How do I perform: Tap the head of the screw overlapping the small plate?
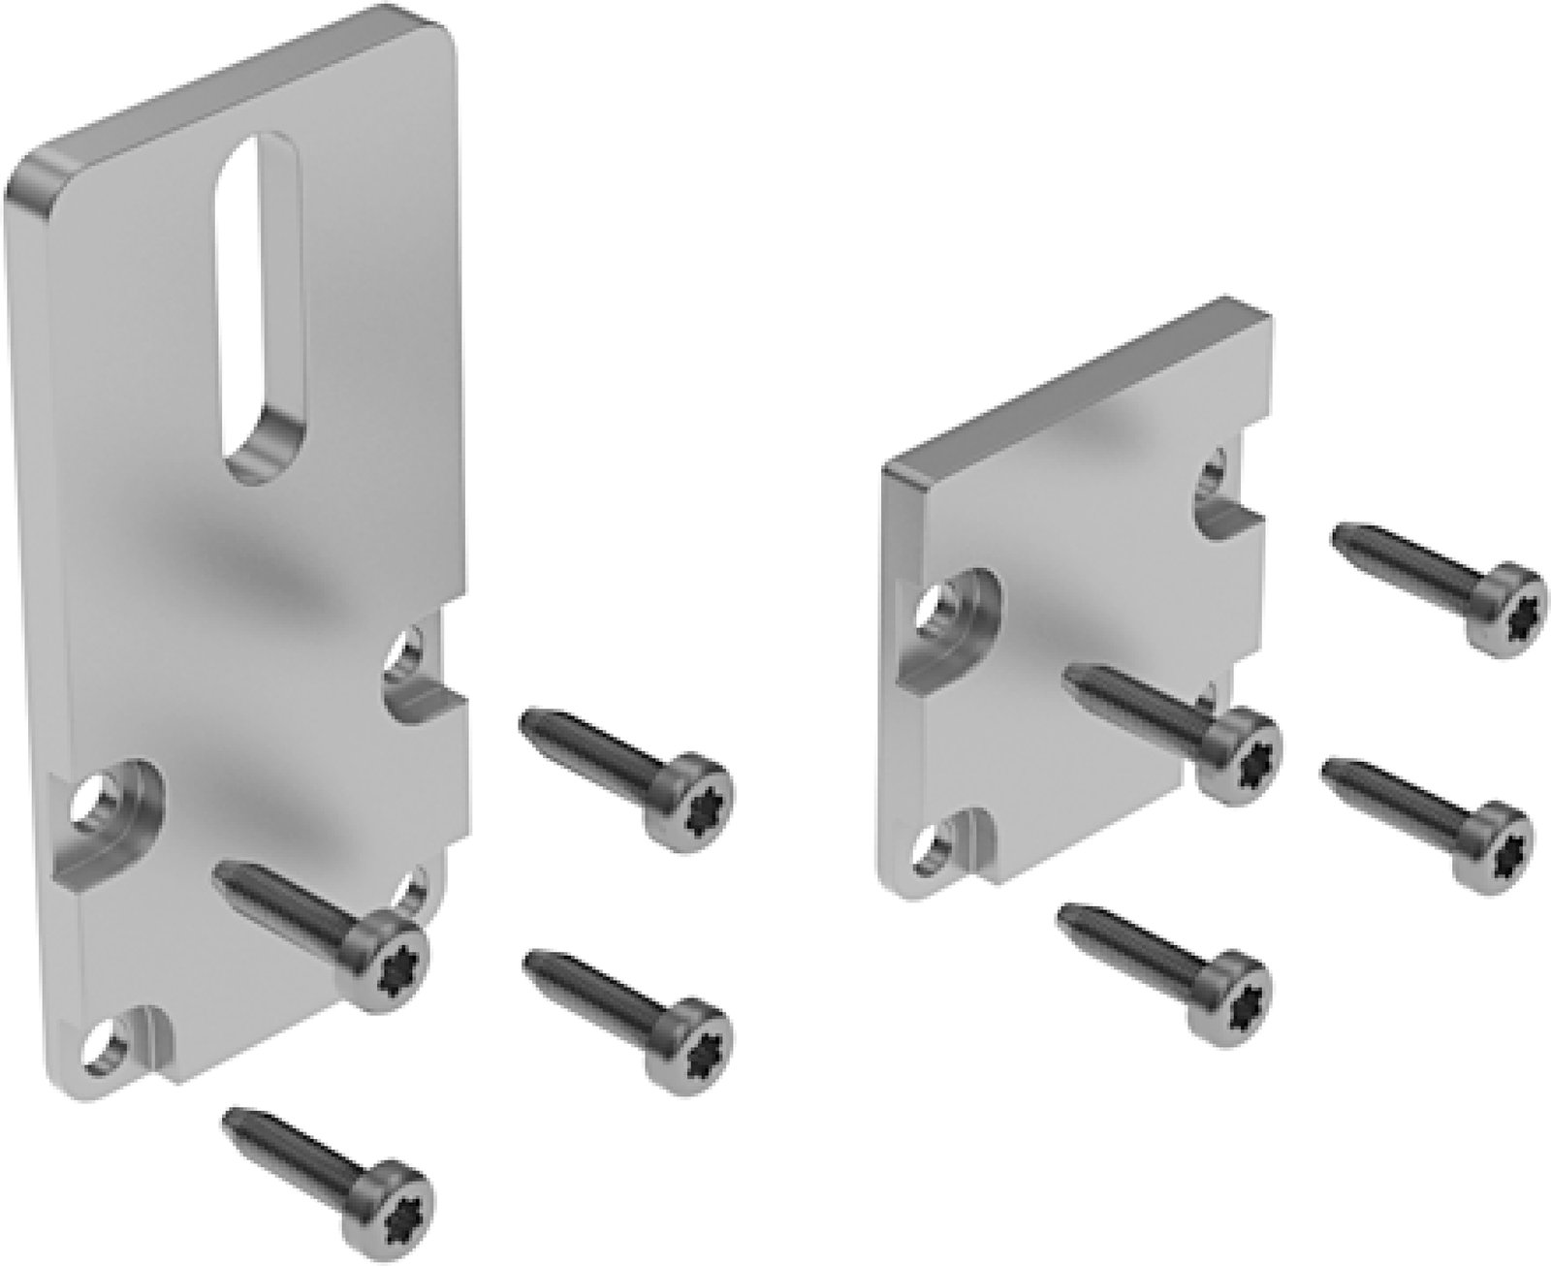(x=1239, y=756)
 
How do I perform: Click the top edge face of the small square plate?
(x=1076, y=388)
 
